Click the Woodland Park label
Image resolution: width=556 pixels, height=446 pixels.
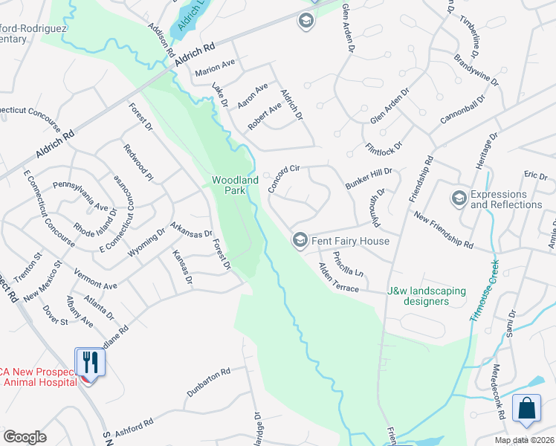235,185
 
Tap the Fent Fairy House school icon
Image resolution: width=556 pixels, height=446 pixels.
300,239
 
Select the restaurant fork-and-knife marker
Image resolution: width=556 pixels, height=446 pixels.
90,362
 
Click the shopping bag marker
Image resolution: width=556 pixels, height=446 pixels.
527,408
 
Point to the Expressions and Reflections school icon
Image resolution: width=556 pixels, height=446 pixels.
459,198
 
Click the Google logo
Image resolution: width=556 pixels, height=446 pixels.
25,437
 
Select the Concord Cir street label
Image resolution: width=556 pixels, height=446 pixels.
283,179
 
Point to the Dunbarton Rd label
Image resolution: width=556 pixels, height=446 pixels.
210,381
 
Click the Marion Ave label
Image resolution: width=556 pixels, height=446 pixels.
215,70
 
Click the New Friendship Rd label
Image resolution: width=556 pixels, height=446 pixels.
444,230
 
